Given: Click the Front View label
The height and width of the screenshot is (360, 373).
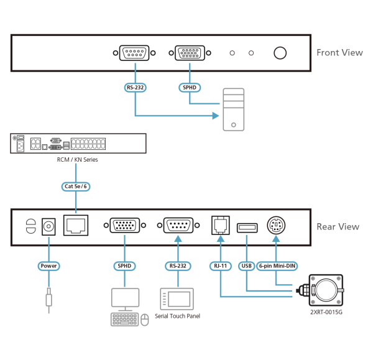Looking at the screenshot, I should [339, 52].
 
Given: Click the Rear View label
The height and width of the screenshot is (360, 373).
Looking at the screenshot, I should [338, 226].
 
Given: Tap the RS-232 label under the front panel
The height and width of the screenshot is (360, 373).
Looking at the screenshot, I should [135, 88].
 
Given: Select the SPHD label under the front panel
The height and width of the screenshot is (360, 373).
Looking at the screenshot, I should [188, 88].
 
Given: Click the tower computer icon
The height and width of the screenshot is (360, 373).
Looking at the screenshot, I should [234, 109].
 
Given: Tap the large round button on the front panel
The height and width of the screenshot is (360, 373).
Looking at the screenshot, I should [280, 53].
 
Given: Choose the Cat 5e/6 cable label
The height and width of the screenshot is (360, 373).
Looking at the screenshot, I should [76, 185].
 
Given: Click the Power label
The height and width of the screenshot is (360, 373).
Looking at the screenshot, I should [48, 266].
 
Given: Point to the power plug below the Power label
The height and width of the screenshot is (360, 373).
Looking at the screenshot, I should [48, 299].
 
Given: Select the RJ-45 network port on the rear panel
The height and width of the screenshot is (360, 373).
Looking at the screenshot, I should [76, 225].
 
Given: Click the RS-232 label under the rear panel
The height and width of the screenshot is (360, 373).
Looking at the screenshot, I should [178, 266].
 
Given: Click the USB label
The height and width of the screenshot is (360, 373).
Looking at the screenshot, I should [246, 266].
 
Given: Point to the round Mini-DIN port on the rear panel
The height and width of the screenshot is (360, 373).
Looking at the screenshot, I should [275, 224].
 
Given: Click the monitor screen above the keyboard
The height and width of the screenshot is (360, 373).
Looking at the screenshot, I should [125, 298].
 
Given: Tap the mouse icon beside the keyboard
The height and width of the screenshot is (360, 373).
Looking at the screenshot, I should [145, 320].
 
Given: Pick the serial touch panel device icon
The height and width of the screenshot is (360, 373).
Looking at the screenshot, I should [178, 298].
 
